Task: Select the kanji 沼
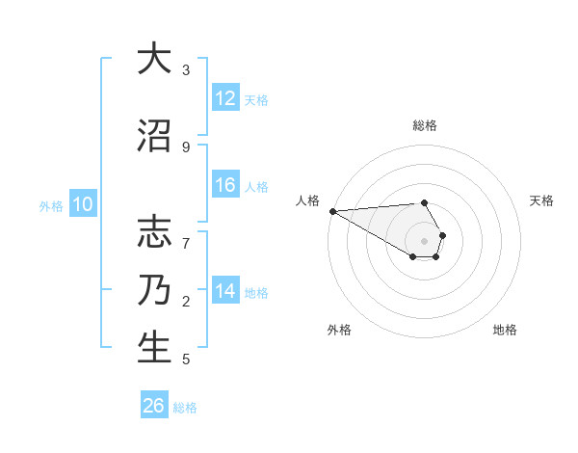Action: (154, 135)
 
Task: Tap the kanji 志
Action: (154, 232)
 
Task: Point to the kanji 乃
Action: (154, 289)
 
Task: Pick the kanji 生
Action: (154, 347)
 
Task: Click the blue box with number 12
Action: (225, 98)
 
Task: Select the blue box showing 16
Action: (225, 185)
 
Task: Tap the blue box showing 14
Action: (225, 291)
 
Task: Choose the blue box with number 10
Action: (82, 204)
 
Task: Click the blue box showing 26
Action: (154, 406)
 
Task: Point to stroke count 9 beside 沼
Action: (186, 147)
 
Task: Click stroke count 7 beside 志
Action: (186, 233)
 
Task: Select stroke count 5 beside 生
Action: (186, 360)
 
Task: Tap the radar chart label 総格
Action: (425, 125)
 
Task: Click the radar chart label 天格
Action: (542, 200)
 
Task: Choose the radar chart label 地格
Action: (505, 330)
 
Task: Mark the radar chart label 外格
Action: (339, 330)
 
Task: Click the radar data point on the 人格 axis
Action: (332, 211)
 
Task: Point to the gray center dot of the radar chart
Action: (425, 240)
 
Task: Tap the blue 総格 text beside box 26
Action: (185, 408)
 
